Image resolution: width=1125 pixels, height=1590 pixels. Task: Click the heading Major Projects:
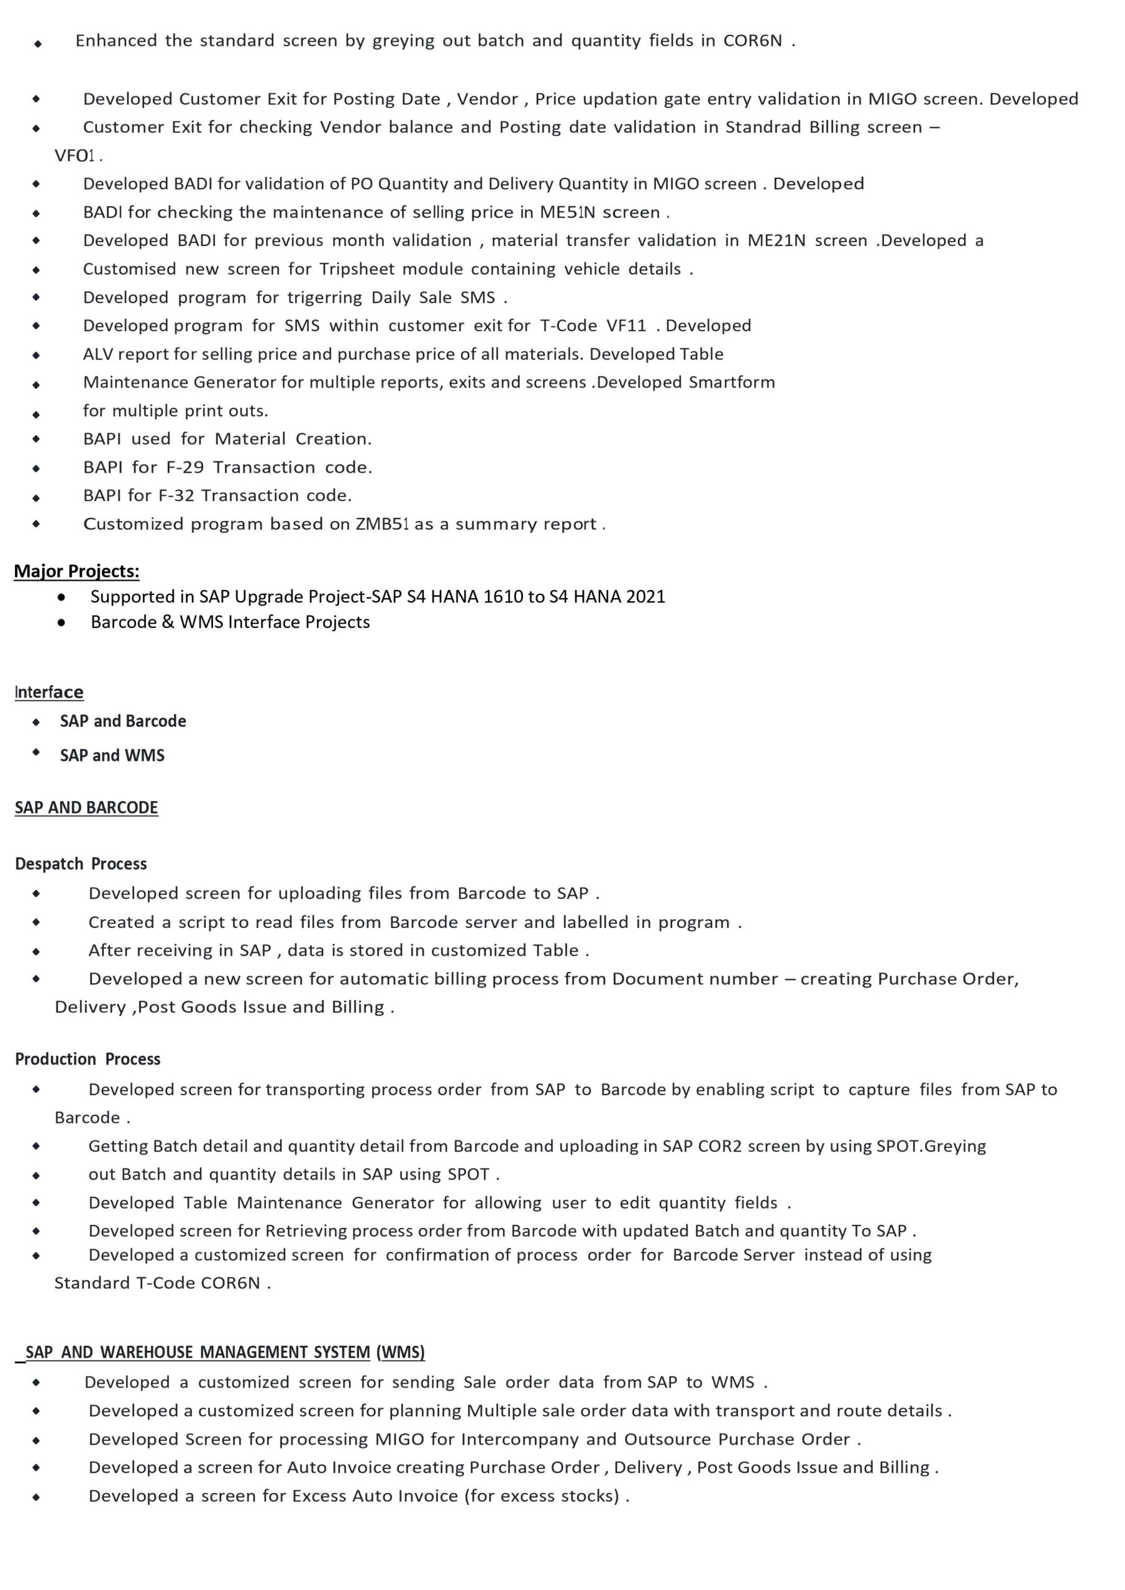[x=76, y=571]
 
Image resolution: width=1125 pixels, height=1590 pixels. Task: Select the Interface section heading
[x=49, y=692]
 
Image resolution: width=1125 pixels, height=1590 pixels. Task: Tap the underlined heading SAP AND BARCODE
[x=86, y=807]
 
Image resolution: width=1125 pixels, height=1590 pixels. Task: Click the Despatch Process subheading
[x=81, y=863]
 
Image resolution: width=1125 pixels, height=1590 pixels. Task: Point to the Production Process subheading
[x=88, y=1059]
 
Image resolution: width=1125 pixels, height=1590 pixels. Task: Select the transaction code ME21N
[x=776, y=240]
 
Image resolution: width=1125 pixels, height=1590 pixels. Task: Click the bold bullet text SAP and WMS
[x=112, y=755]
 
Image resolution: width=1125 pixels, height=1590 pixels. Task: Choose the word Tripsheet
[x=356, y=269]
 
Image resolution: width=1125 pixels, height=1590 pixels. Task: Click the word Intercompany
[x=519, y=1439]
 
